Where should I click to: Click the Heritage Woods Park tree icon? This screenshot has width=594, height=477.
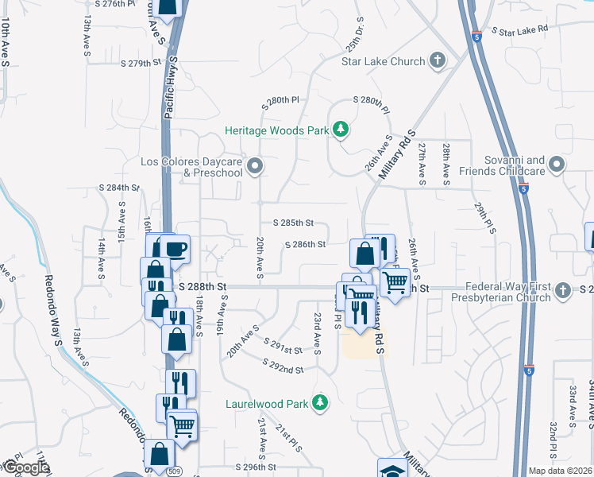(x=340, y=129)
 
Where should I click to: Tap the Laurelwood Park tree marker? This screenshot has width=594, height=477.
(x=320, y=403)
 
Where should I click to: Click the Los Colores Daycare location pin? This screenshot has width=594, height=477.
(x=255, y=166)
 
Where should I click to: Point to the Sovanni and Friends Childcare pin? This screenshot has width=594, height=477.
(x=557, y=165)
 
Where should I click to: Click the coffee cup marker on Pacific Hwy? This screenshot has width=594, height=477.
(x=176, y=248)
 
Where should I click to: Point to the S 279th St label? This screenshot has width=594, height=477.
(x=141, y=63)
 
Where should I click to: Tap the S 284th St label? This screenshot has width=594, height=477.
(x=119, y=188)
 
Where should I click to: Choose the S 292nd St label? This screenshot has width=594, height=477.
(x=284, y=370)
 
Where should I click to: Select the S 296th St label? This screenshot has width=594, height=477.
(x=255, y=467)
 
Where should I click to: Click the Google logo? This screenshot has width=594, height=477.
(x=25, y=468)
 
